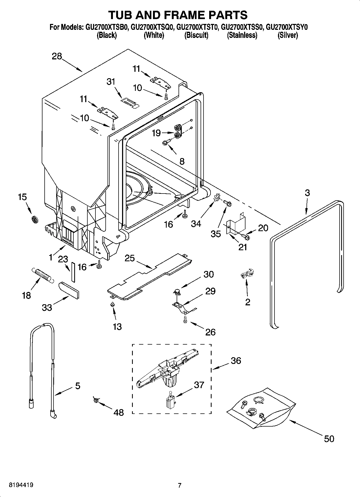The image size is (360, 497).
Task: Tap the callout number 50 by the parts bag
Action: [329, 439]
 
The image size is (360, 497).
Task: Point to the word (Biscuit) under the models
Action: [196, 35]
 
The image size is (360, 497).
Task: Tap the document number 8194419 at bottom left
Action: [21, 485]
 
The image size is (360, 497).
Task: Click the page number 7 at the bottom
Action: [180, 485]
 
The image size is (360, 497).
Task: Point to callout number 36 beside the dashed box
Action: [236, 360]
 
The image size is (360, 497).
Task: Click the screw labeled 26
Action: [185, 320]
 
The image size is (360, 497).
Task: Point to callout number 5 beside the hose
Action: [77, 386]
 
